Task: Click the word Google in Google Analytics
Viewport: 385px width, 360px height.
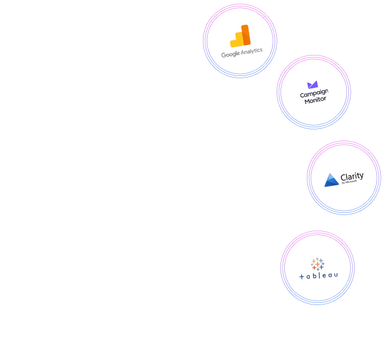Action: point(230,54)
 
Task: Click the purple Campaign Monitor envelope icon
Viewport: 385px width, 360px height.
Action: point(313,85)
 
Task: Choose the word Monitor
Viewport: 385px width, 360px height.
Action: point(315,100)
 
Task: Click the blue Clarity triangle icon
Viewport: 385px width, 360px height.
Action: point(332,180)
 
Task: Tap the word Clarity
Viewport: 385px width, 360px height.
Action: point(352,176)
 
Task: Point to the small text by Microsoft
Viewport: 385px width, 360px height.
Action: point(349,183)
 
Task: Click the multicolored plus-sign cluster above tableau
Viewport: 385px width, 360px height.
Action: point(318,264)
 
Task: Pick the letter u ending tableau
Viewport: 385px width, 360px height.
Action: point(336,275)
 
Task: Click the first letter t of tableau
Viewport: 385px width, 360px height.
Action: point(301,276)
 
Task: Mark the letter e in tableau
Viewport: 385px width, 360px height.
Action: point(325,276)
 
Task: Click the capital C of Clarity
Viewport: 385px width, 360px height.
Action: point(344,178)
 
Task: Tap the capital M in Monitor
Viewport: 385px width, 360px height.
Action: point(307,101)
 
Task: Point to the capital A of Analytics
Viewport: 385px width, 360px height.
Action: point(243,52)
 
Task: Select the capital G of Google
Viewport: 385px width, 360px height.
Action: point(223,55)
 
